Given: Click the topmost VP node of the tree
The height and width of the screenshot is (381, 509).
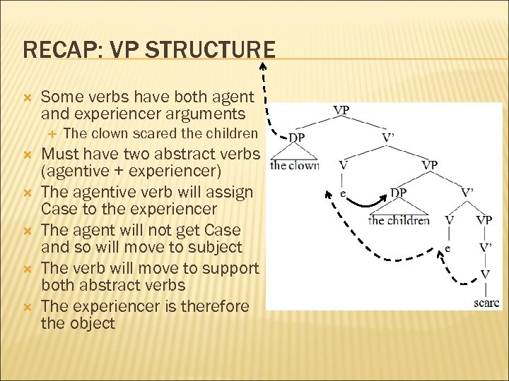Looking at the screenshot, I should pyautogui.click(x=341, y=111).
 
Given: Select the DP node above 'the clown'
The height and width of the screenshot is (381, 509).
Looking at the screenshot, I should pyautogui.click(x=297, y=138).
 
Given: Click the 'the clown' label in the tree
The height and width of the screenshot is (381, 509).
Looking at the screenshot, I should pyautogui.click(x=295, y=166).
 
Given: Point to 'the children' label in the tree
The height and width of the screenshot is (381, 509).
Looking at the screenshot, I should pyautogui.click(x=399, y=220).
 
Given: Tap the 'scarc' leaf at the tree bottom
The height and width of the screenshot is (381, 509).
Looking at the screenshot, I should pyautogui.click(x=486, y=303).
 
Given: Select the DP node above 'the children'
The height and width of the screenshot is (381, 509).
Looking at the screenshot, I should pyautogui.click(x=398, y=193).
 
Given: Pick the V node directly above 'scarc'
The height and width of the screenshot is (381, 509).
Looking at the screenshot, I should pyautogui.click(x=485, y=274).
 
